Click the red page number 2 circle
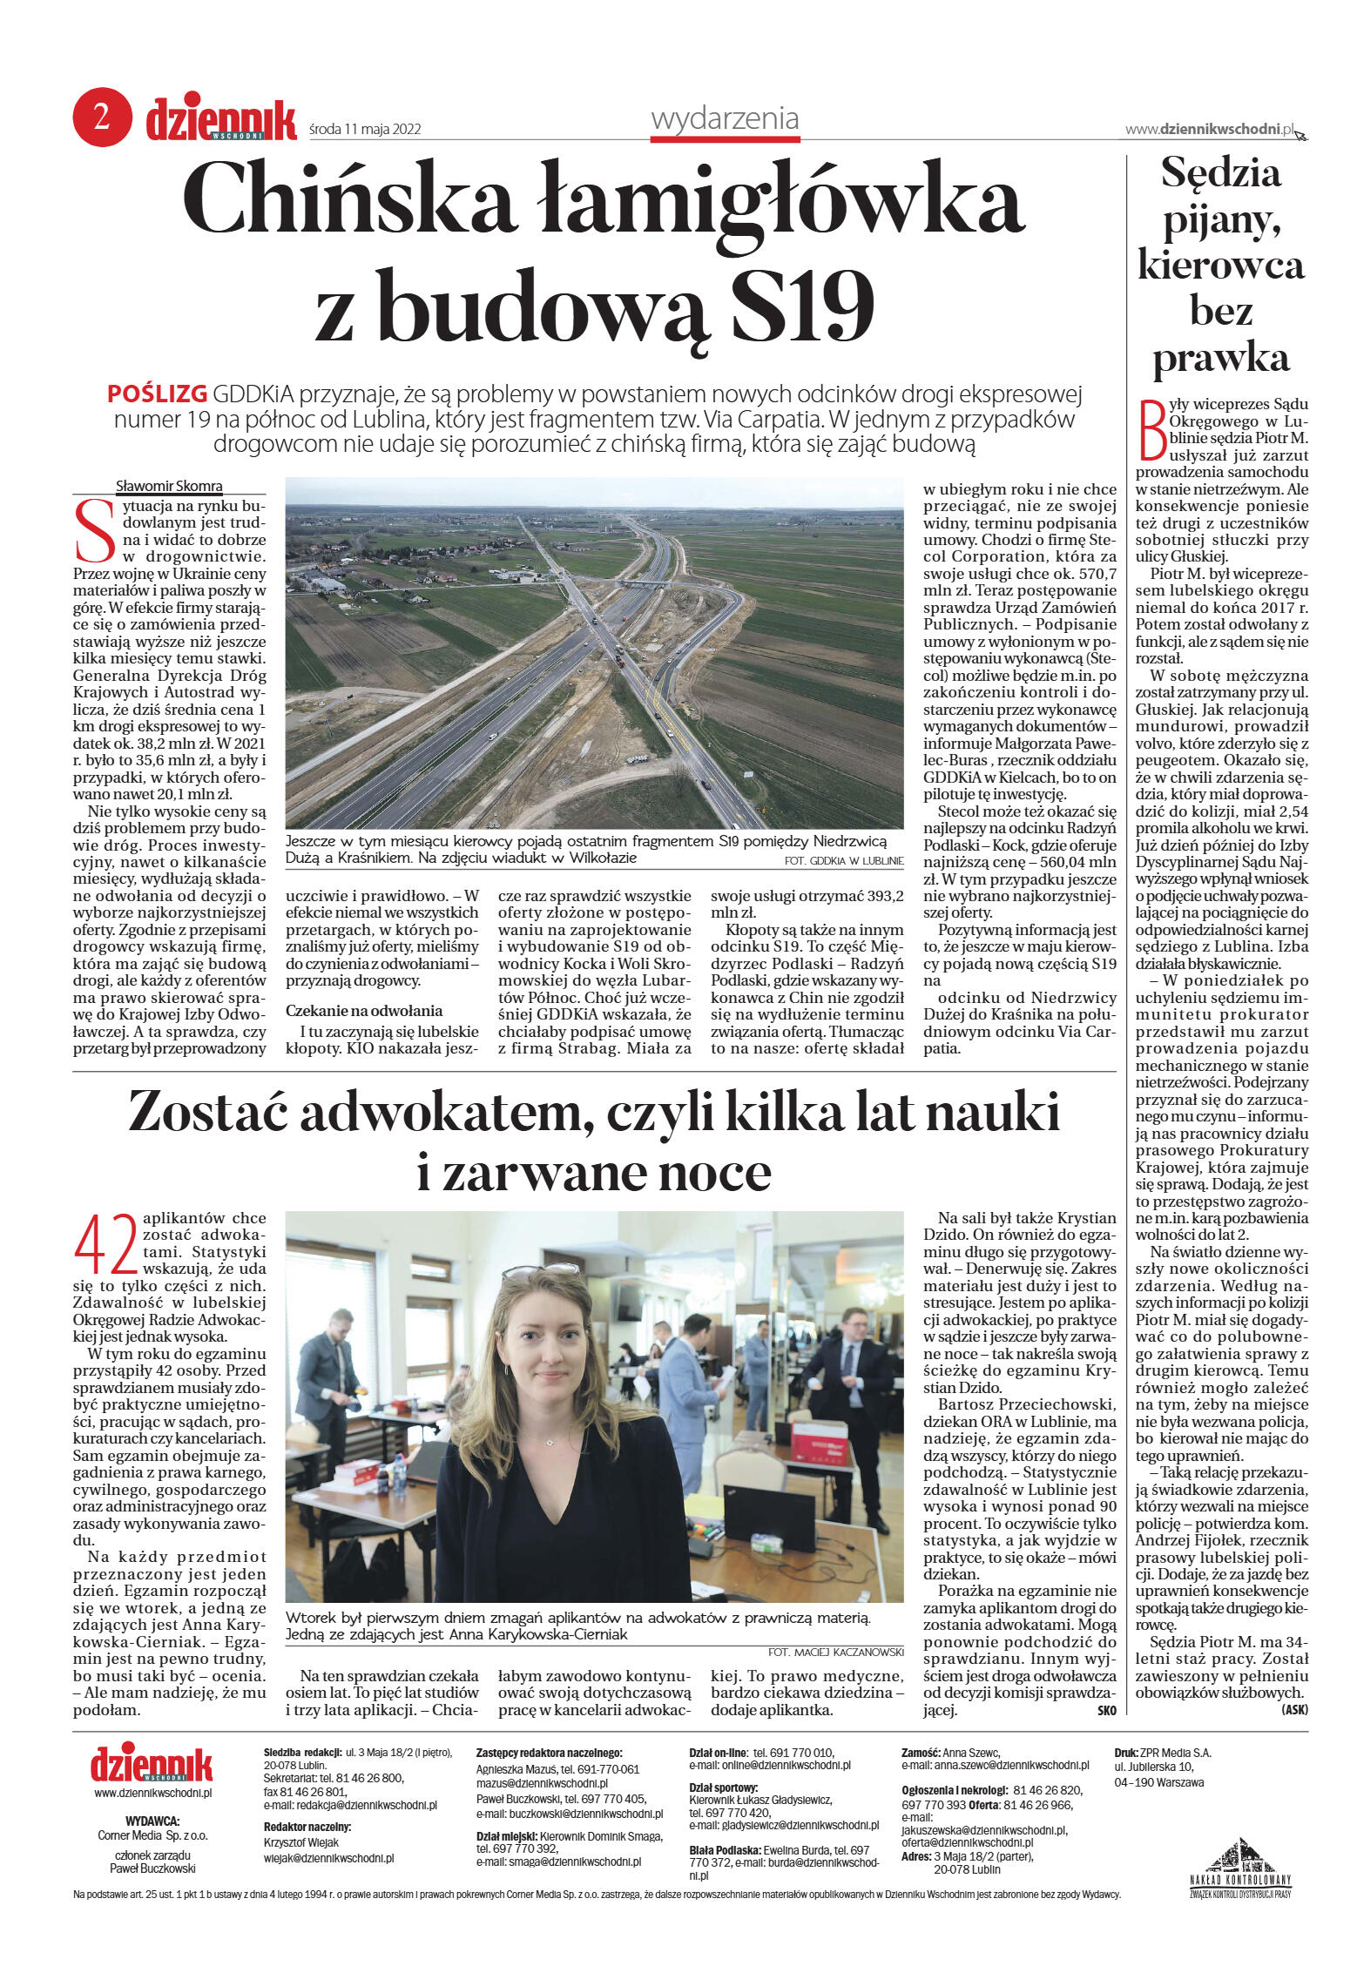click(102, 117)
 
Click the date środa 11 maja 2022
click(365, 129)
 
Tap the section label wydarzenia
click(725, 118)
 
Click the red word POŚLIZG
click(157, 394)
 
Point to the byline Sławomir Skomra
click(169, 486)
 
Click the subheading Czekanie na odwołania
click(364, 1011)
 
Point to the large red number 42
click(105, 1245)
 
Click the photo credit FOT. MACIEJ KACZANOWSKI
click(835, 1652)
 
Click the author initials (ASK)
click(1294, 1710)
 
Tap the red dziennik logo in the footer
click(152, 1763)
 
